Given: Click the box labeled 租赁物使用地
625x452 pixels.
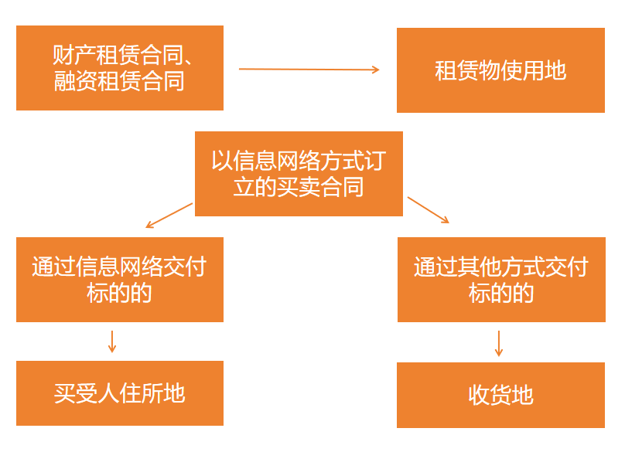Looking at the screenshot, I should (x=500, y=70).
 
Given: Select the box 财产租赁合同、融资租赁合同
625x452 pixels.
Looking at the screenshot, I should (x=120, y=68).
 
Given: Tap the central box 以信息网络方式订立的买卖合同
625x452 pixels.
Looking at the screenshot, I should (x=299, y=174).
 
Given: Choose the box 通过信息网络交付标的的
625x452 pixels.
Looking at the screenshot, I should (x=120, y=280).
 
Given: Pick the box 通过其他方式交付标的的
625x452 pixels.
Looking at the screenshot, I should (x=501, y=280).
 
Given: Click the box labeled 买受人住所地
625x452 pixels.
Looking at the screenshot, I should (x=120, y=393).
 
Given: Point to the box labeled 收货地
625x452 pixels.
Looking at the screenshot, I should (x=500, y=395).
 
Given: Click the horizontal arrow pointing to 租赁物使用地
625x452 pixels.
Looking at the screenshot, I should (x=309, y=70).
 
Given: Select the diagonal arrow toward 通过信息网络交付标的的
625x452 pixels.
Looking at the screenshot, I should (x=169, y=216).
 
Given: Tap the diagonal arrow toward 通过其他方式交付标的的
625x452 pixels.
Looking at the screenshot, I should (x=428, y=210).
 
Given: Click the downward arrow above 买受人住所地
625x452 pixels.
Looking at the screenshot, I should (x=112, y=342).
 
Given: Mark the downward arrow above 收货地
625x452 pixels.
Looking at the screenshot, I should (x=499, y=343).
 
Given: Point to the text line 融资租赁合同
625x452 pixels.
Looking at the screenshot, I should (x=120, y=81).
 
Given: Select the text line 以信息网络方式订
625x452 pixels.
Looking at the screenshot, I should (x=299, y=161).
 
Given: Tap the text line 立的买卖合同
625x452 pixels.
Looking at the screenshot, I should (x=299, y=187).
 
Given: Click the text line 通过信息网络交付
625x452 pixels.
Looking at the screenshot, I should (x=120, y=267).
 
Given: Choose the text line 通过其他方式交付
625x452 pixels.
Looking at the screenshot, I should (x=501, y=267).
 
